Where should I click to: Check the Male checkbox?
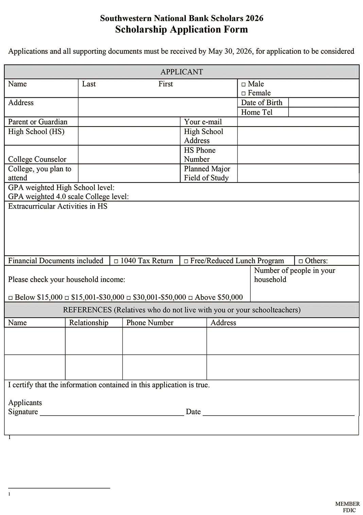(x=243, y=84)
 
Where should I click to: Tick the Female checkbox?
(x=243, y=94)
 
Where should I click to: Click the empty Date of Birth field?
(x=323, y=102)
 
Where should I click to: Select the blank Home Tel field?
(x=323, y=112)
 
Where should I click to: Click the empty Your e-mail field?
(x=298, y=122)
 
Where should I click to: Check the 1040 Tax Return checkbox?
(x=116, y=261)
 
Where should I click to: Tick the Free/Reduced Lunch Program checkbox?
(x=186, y=261)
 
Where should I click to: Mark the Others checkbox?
(x=300, y=261)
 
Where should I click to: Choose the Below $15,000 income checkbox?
(x=11, y=298)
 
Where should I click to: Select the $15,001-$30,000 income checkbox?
(x=67, y=298)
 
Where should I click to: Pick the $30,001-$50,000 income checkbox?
(x=128, y=298)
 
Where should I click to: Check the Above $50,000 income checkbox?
(x=190, y=298)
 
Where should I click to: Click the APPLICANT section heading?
(x=181, y=72)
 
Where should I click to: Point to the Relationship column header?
(x=89, y=323)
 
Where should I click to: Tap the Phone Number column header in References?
(x=150, y=323)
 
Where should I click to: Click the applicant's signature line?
(x=112, y=413)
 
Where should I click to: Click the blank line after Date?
(x=278, y=413)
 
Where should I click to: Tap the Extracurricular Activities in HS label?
(x=58, y=206)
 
